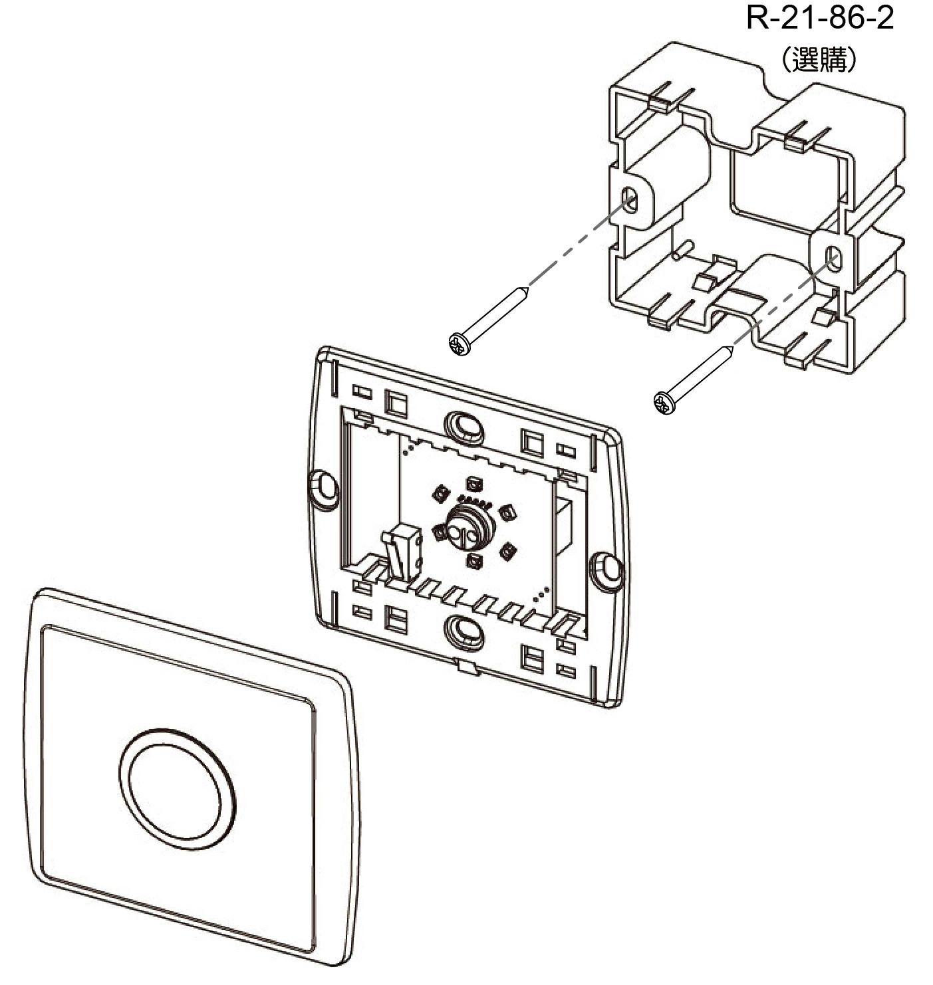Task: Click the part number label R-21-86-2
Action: tap(820, 18)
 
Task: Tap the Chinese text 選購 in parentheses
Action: tap(819, 60)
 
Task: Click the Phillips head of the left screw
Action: tap(460, 344)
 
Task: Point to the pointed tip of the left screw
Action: tap(528, 287)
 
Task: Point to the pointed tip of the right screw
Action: tap(733, 346)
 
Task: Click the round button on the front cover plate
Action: tap(177, 790)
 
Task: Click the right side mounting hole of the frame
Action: tap(607, 571)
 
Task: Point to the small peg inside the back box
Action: tap(684, 250)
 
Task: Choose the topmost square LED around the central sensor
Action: tap(473, 484)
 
